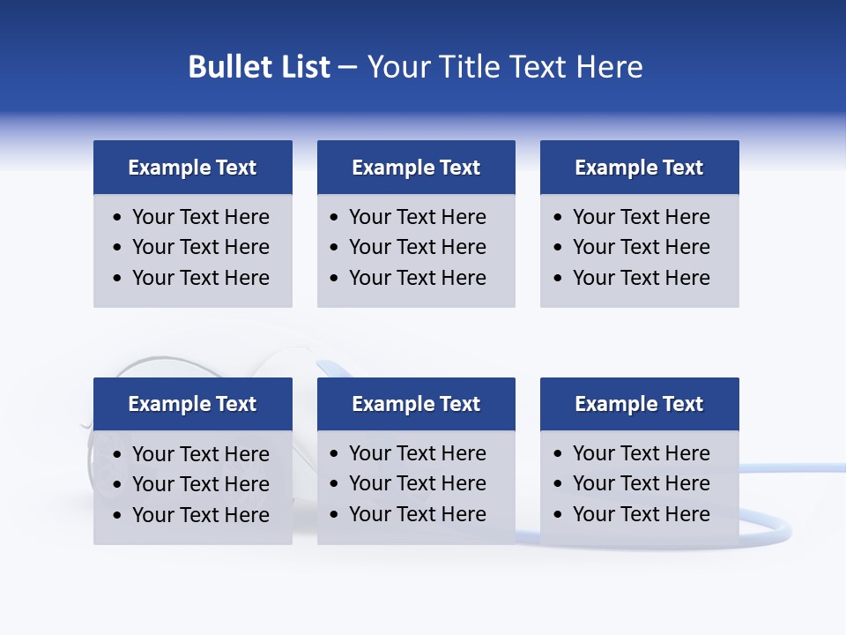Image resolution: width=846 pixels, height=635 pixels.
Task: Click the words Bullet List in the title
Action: tap(259, 67)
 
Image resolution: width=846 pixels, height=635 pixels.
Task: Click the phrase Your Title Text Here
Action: tap(504, 67)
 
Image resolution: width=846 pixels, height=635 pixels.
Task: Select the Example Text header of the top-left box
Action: tap(192, 168)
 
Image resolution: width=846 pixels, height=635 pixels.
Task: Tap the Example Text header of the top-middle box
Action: tap(416, 168)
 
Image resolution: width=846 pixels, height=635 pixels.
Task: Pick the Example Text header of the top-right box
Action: tap(639, 168)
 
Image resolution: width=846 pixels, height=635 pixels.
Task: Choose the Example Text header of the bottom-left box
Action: tap(192, 404)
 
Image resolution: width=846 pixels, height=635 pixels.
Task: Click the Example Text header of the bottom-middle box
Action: tap(416, 404)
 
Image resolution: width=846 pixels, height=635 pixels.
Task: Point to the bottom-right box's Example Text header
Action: tap(639, 404)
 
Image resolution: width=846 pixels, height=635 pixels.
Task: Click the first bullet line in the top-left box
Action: tap(200, 217)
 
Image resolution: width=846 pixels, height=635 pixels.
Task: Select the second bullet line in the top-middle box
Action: tap(417, 247)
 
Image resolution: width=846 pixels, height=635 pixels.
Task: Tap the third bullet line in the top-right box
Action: tap(641, 278)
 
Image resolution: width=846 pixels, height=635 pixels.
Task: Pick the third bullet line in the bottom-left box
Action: tap(200, 515)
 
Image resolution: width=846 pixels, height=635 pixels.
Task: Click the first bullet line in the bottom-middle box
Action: tap(417, 453)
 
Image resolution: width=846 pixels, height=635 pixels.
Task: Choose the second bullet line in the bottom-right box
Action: tap(641, 483)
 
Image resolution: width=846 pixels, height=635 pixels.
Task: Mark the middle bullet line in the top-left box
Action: tap(200, 247)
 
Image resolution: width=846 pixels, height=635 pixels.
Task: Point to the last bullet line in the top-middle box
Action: tap(417, 278)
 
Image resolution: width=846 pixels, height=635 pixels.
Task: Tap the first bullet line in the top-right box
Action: tap(641, 217)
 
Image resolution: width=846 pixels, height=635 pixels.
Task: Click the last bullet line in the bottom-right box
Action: tap(641, 514)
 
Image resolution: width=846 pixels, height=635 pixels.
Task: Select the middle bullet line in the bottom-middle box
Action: tap(417, 483)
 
